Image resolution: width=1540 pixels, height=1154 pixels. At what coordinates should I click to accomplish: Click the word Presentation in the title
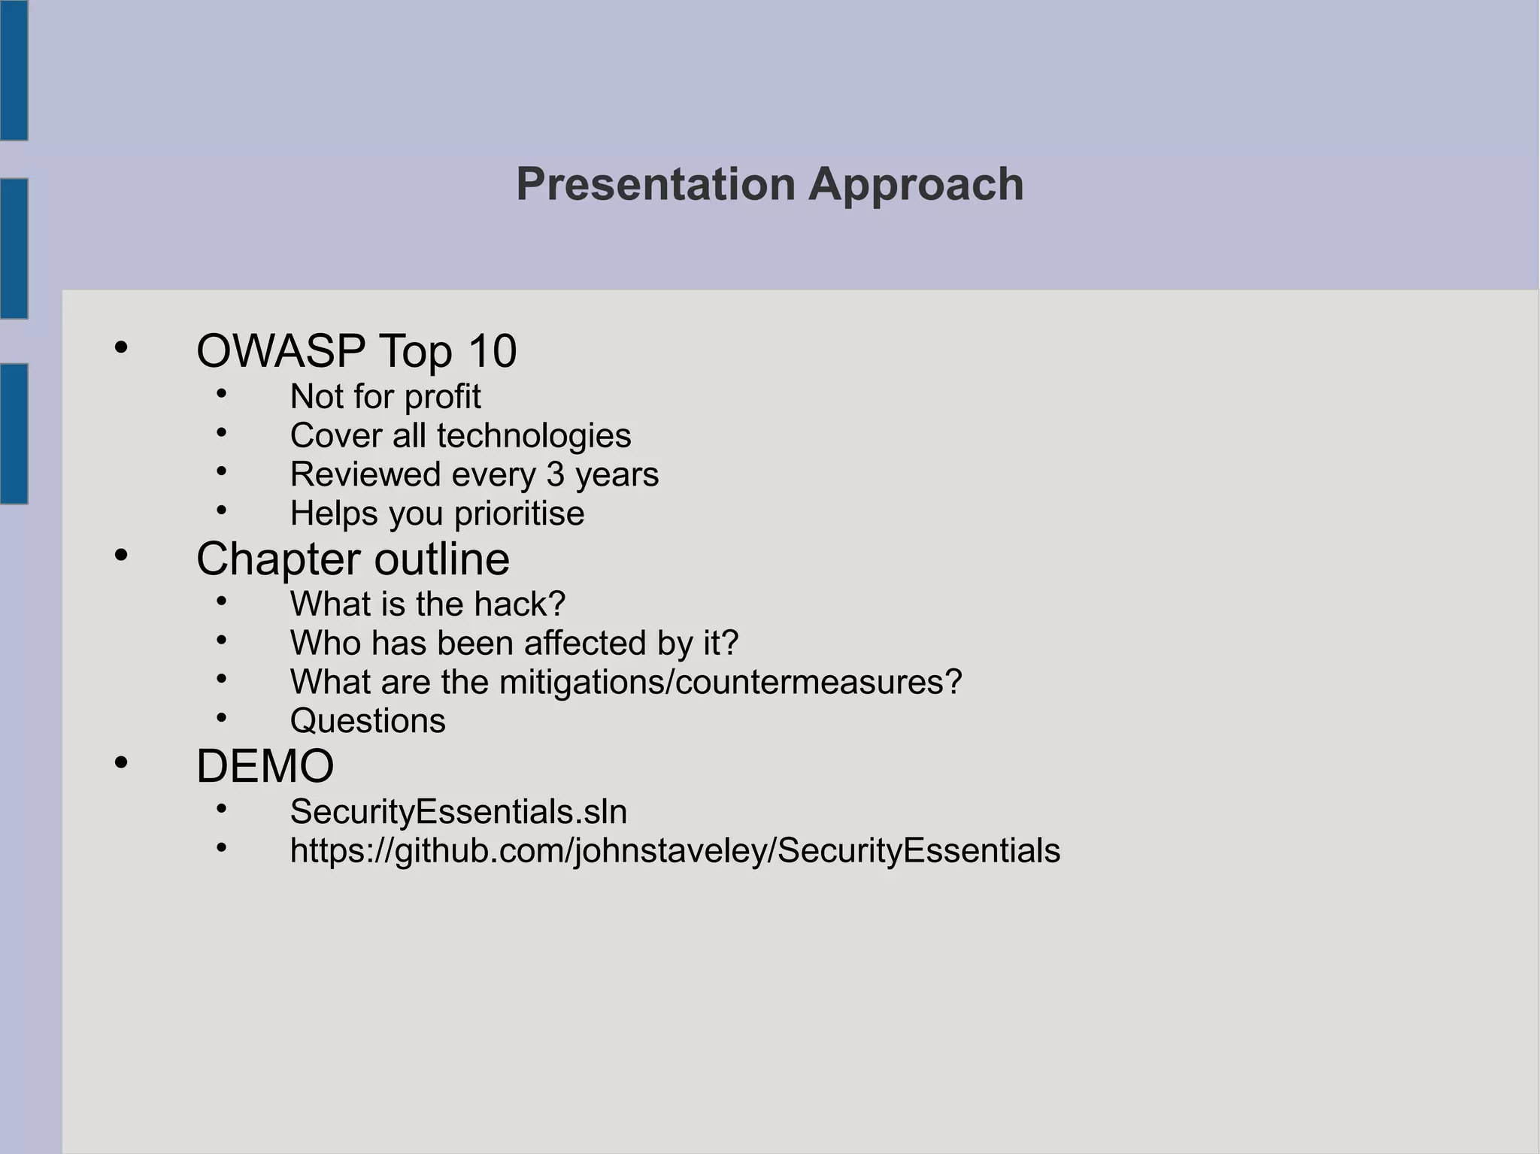click(x=655, y=184)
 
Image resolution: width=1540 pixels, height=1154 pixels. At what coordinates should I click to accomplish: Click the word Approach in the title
click(x=916, y=184)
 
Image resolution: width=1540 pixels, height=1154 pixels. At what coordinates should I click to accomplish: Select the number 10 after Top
click(x=492, y=351)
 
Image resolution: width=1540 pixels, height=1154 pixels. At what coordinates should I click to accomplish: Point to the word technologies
click(x=534, y=436)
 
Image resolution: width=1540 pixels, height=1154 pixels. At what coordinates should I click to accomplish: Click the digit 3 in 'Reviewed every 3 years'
click(x=555, y=475)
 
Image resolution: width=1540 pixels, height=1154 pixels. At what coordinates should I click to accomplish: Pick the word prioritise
click(x=519, y=514)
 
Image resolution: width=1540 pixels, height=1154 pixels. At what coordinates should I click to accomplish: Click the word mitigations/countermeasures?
click(x=730, y=683)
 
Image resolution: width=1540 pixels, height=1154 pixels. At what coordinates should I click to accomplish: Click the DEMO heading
click(x=265, y=767)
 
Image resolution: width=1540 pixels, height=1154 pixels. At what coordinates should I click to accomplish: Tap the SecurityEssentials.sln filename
click(x=459, y=812)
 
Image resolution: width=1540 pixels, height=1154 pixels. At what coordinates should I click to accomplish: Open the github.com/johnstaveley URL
click(x=675, y=851)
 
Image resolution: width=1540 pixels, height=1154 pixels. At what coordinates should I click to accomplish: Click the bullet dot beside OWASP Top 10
click(x=121, y=348)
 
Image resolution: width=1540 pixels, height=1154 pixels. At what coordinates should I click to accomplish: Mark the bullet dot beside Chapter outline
click(x=121, y=556)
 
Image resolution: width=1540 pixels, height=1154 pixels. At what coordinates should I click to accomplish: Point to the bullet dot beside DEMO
click(x=121, y=763)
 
